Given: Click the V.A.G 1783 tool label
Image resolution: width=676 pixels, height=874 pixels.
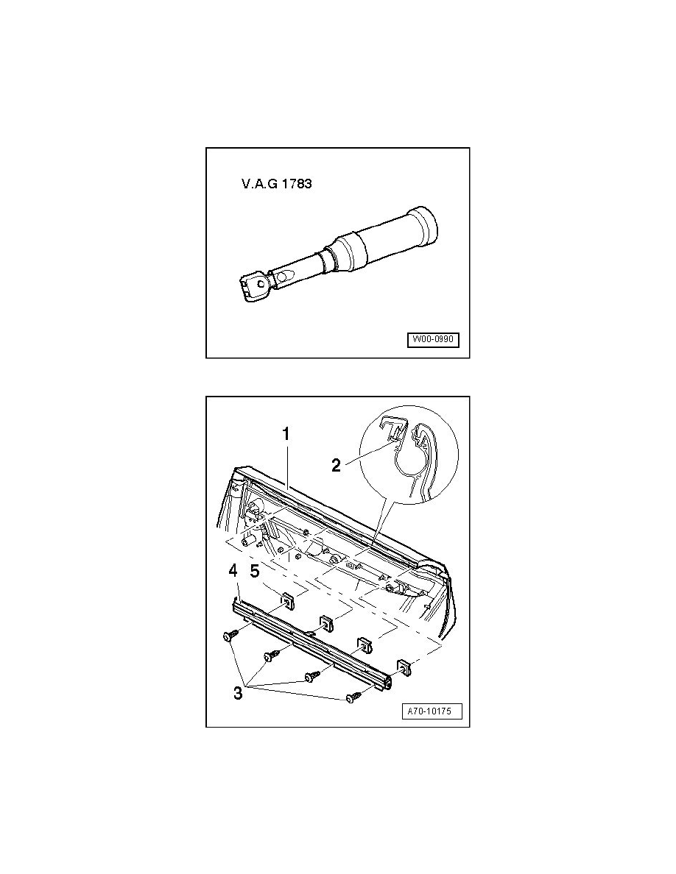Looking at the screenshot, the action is click(277, 183).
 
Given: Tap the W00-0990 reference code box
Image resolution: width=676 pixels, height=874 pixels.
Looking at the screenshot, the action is click(434, 339).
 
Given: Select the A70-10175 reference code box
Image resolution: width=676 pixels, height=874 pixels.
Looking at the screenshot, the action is click(432, 711).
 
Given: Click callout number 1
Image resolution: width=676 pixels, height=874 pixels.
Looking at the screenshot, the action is click(286, 433).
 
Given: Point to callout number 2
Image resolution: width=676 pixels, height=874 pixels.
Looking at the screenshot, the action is click(336, 466).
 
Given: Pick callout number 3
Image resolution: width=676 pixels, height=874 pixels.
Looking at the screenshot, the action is click(238, 694).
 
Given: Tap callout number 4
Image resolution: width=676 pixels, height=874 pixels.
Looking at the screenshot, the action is click(233, 571).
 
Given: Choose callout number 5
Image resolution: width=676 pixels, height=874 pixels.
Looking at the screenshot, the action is click(254, 572).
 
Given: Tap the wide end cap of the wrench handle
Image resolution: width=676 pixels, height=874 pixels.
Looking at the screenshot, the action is click(423, 225).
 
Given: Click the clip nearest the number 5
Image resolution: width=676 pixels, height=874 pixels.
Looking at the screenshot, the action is click(288, 600).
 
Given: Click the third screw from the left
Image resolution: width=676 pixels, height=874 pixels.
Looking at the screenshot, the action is click(311, 677).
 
